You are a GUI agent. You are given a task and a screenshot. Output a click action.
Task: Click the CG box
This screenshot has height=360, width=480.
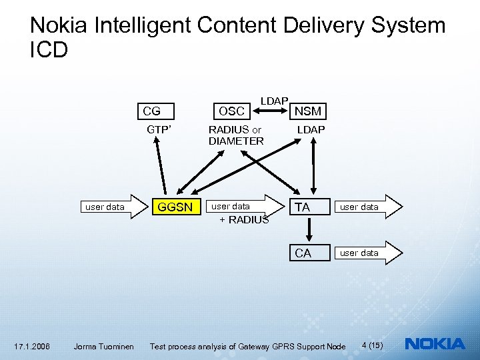tap(153, 111)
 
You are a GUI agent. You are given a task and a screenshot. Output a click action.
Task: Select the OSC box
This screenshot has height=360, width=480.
tap(231, 111)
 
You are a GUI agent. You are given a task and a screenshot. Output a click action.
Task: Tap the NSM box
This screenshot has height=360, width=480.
tap(308, 111)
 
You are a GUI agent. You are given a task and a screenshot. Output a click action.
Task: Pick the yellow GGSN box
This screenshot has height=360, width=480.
tap(174, 207)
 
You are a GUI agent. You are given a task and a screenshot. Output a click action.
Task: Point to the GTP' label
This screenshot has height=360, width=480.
tap(159, 129)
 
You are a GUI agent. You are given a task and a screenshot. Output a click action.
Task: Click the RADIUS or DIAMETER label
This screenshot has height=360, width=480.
tap(236, 135)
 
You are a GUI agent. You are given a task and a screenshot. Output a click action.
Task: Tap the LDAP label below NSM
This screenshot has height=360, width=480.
tap(311, 129)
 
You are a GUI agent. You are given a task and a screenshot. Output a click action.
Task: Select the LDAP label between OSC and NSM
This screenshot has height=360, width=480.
tap(274, 101)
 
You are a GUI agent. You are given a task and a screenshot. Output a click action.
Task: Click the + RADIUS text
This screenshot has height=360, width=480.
tap(244, 220)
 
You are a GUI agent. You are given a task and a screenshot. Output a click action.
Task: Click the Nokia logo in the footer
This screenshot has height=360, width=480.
tap(435, 344)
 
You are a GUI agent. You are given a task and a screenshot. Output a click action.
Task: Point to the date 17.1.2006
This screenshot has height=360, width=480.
tap(32, 346)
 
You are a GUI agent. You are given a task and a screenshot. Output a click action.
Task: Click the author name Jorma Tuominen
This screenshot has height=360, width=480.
tap(103, 346)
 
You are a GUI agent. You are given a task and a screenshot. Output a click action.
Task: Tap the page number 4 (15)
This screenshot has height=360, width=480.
tap(372, 345)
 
